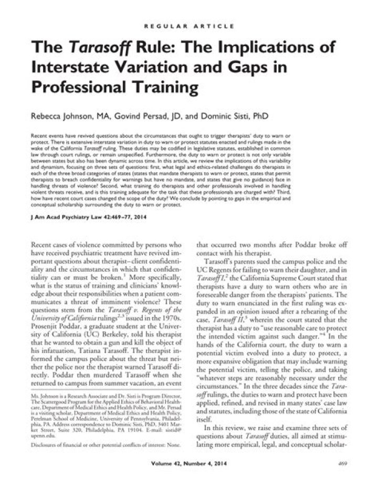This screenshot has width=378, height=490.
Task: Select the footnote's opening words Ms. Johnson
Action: (46, 407)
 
